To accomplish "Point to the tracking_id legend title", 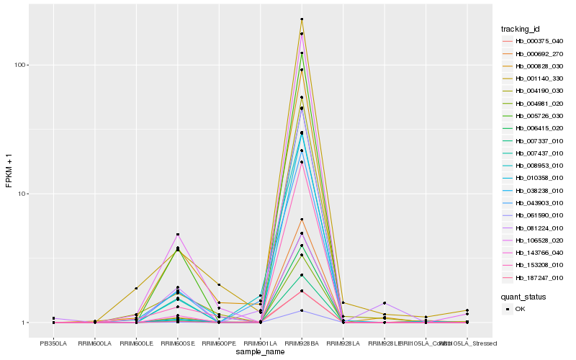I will [521, 29].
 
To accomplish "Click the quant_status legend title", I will [523, 296].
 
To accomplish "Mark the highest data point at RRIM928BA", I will [302, 19].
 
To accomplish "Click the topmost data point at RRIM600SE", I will [177, 235].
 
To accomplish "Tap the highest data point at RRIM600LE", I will [136, 288].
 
